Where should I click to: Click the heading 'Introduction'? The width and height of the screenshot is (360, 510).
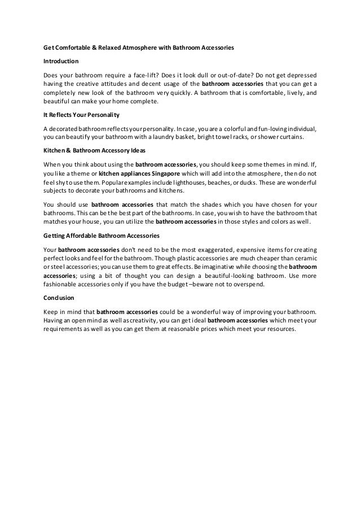62,62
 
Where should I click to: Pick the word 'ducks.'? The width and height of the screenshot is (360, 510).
243,184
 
